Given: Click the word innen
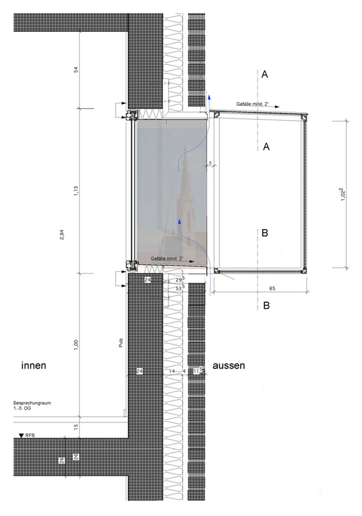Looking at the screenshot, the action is coord(34,366).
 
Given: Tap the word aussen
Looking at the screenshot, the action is coord(228,366).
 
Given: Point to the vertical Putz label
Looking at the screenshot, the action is coord(121,343).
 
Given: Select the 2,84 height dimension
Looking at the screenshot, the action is coord(62,234).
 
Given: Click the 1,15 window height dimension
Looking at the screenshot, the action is coord(76,191).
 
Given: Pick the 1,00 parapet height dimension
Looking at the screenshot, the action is coord(76,345).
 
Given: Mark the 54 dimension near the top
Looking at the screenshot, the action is coord(76,70).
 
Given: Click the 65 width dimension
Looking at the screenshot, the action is coord(272,288).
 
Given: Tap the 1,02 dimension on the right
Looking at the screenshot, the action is coord(343,195).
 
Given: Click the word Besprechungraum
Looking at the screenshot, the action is coord(32,403).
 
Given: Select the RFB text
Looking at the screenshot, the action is coord(30,435).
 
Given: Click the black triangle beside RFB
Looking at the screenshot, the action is coord(22,436).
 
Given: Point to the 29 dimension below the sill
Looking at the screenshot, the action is coord(180,279).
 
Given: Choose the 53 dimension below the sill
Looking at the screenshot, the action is coord(180,288).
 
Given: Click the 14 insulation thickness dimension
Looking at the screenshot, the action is coord(172,371).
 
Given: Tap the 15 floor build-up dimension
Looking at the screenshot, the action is coord(76,426).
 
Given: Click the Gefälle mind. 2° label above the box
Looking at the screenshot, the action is coord(252,104).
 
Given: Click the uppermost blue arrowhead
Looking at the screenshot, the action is coord(209,96).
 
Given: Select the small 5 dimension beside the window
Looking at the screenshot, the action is coord(210,163).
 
